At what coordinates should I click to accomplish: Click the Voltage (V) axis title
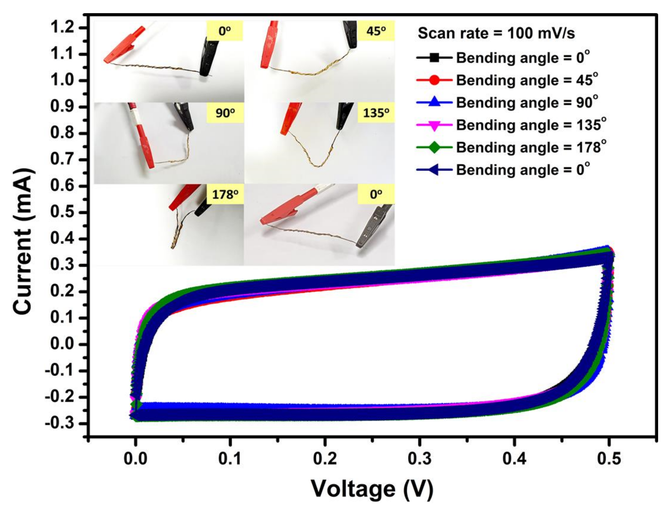(372, 488)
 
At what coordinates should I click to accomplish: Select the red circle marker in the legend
(434, 80)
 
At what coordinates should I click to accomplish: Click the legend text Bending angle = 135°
(531, 125)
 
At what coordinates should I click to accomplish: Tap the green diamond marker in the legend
(434, 148)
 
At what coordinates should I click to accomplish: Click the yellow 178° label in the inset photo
(225, 195)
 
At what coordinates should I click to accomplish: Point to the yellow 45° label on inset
(376, 31)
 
